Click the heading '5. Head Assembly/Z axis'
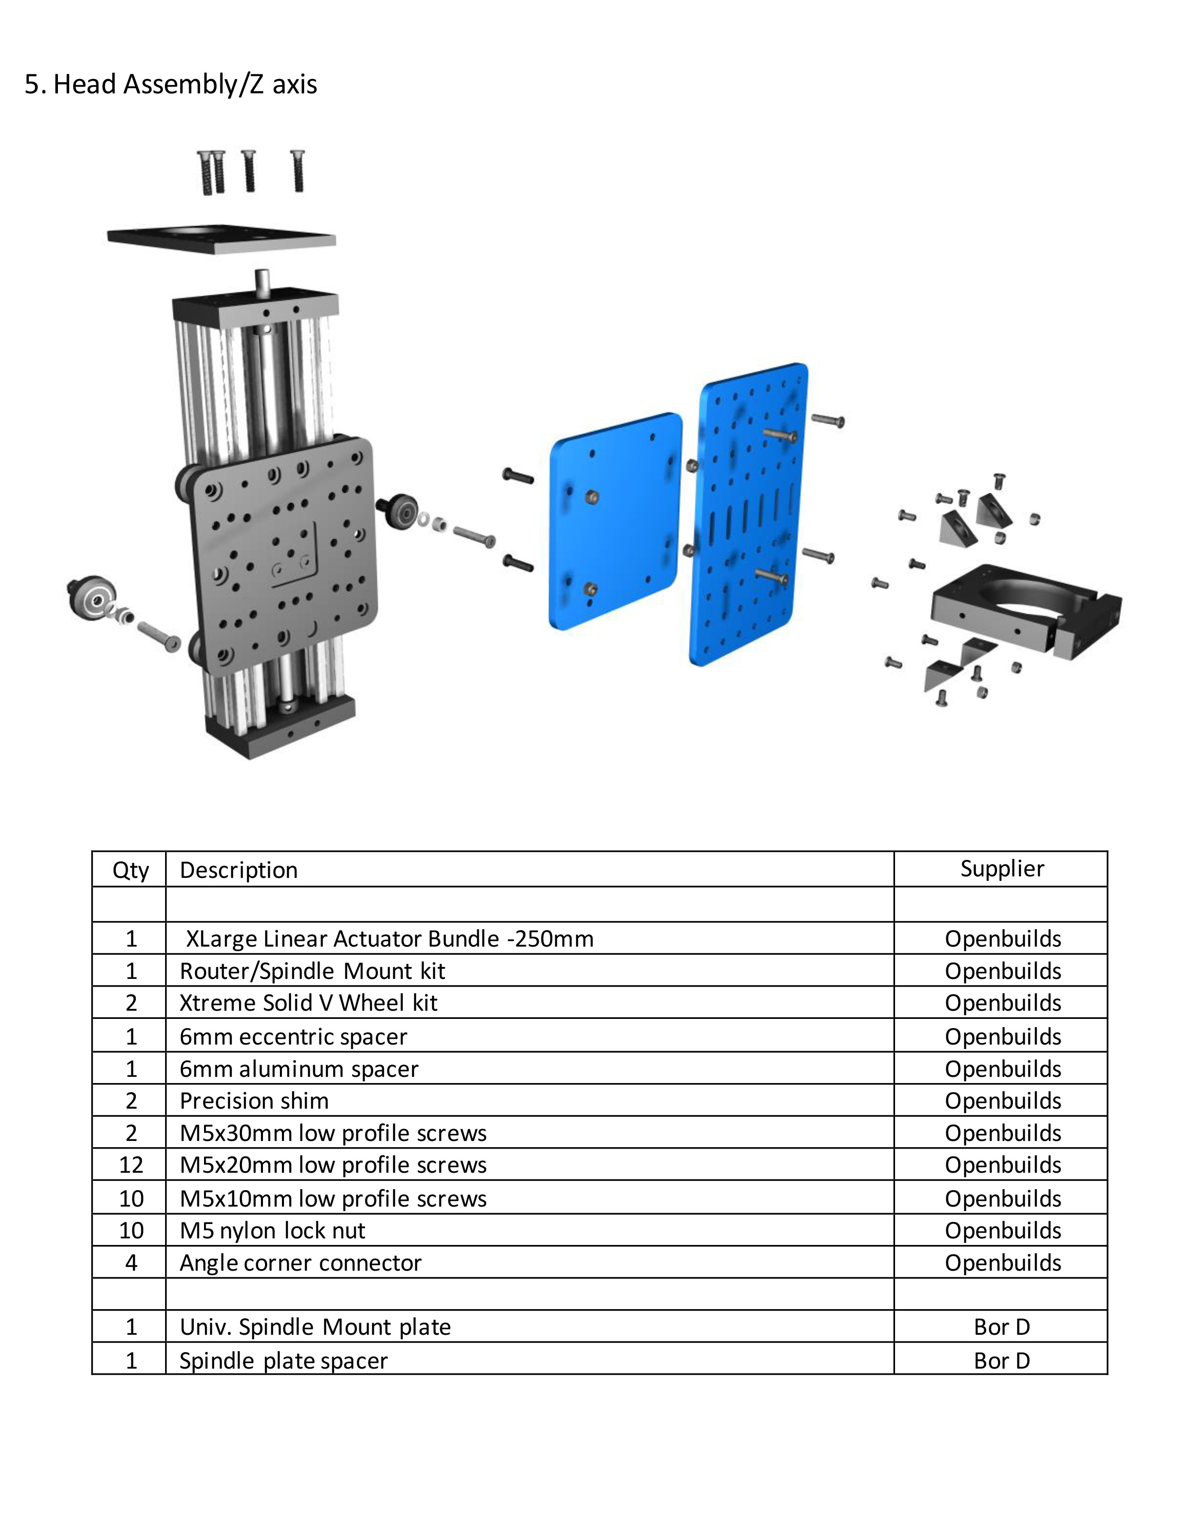pos(171,84)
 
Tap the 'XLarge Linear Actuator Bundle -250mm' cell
pos(390,939)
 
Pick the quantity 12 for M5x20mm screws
pos(131,1165)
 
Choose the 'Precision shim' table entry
pos(254,1100)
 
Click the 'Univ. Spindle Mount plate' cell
pos(315,1327)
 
